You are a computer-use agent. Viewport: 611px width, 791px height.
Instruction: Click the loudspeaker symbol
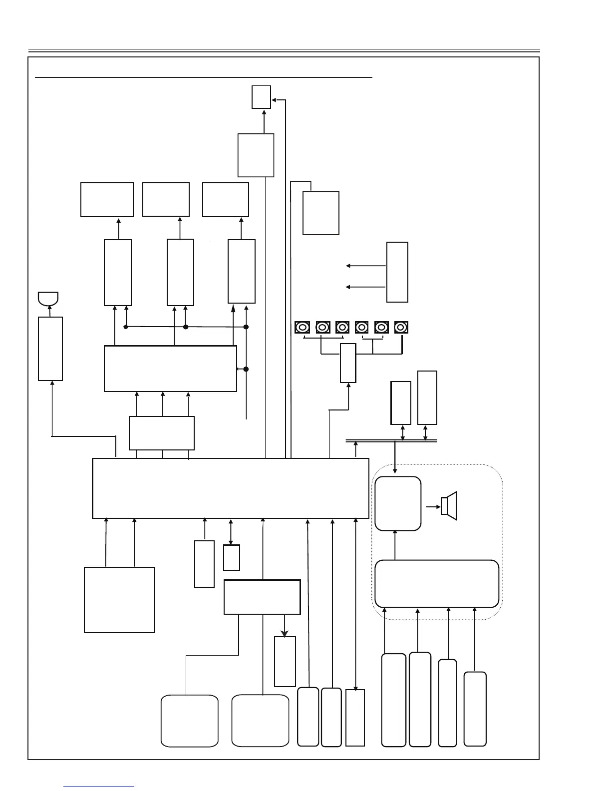pyautogui.click(x=449, y=506)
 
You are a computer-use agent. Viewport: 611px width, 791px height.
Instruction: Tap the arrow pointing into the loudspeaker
pyautogui.click(x=433, y=506)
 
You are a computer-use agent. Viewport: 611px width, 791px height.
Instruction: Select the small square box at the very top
pyautogui.click(x=261, y=96)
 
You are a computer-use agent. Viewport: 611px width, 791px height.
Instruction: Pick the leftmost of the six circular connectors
pyautogui.click(x=302, y=327)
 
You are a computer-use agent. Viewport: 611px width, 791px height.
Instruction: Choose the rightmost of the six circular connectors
pyautogui.click(x=401, y=327)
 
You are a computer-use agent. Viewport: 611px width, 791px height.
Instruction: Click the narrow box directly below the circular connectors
pyautogui.click(x=348, y=363)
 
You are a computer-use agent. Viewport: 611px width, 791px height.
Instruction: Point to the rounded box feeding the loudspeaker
pyautogui.click(x=398, y=503)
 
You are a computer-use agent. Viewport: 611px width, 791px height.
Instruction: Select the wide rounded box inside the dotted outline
pyautogui.click(x=437, y=583)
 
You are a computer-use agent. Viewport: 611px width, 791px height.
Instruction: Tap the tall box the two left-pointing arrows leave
pyautogui.click(x=397, y=272)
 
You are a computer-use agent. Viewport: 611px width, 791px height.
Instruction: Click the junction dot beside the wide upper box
pyautogui.click(x=246, y=369)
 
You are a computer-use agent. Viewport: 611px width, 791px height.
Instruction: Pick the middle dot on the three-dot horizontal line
pyautogui.click(x=186, y=327)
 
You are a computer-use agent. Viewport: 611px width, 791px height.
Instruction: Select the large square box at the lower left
pyautogui.click(x=119, y=600)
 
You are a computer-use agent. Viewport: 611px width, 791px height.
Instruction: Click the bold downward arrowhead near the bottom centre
pyautogui.click(x=285, y=633)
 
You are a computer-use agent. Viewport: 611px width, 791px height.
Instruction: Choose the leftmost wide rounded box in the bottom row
pyautogui.click(x=190, y=721)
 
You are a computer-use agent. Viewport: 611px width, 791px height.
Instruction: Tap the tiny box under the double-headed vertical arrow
pyautogui.click(x=232, y=557)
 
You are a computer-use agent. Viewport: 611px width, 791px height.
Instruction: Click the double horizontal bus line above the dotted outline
pyautogui.click(x=391, y=440)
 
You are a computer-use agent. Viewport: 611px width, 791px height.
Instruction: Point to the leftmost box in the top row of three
pyautogui.click(x=107, y=200)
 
